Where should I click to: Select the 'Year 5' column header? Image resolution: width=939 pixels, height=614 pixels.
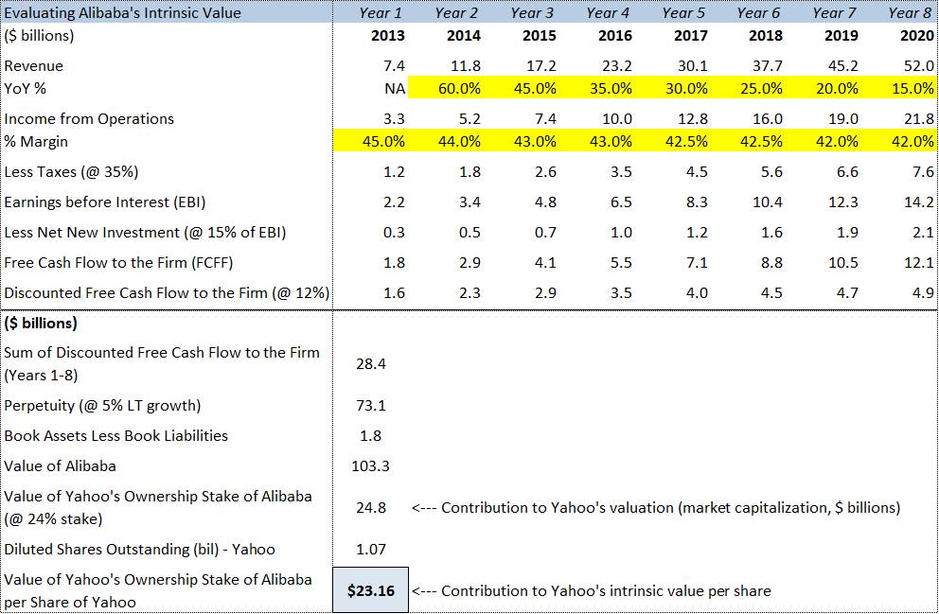click(683, 13)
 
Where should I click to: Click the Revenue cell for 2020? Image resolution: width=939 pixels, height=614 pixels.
click(918, 66)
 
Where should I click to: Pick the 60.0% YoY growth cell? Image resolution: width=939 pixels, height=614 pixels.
click(458, 89)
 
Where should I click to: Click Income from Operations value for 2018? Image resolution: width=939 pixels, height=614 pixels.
click(767, 119)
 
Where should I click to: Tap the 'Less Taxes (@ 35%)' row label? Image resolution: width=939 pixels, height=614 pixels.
click(76, 172)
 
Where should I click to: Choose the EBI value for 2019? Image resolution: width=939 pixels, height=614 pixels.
click(842, 202)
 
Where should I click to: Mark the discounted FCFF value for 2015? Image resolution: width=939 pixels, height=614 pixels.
click(545, 293)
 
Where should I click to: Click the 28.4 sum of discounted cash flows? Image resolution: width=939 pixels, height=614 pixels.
click(370, 364)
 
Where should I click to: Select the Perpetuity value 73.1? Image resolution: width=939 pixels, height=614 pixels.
click(370, 406)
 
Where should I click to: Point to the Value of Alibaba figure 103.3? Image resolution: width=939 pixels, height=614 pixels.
click(370, 466)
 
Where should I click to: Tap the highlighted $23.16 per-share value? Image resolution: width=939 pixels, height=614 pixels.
click(370, 591)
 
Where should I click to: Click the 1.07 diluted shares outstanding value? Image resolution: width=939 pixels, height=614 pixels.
click(370, 550)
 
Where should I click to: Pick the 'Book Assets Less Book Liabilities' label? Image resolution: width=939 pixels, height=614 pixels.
click(116, 436)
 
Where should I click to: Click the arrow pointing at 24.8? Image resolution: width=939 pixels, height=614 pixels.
click(423, 508)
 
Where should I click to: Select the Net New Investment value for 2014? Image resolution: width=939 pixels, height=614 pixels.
click(469, 233)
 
